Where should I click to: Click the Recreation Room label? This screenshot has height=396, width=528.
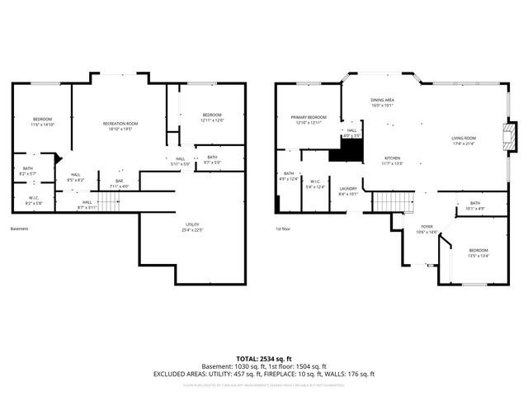(x=119, y=125)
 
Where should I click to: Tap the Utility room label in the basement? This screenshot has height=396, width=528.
(x=194, y=227)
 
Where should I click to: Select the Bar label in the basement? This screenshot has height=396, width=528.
(x=119, y=183)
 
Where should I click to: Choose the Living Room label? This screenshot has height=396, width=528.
(x=463, y=140)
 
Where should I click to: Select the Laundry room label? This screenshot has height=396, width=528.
(x=347, y=191)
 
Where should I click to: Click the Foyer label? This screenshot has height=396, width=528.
(x=427, y=229)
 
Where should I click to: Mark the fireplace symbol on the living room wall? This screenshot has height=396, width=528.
(x=511, y=134)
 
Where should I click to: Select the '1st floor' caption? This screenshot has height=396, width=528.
(x=284, y=229)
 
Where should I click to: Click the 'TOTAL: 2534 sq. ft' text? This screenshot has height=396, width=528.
(x=263, y=359)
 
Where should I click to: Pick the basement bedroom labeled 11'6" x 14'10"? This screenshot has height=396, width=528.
(x=42, y=122)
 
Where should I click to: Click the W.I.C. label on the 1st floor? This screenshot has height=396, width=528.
(x=315, y=185)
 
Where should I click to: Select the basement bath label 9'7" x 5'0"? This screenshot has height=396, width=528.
(x=212, y=160)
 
